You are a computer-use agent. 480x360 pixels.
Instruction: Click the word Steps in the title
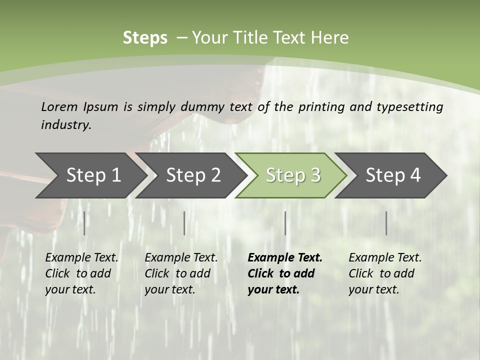click(x=145, y=38)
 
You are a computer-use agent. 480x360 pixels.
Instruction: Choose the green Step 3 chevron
click(x=293, y=175)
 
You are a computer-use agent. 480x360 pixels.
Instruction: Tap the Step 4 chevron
click(x=393, y=175)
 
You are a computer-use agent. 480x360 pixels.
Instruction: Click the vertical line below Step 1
click(x=84, y=223)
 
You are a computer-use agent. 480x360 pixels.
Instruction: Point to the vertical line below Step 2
click(x=184, y=223)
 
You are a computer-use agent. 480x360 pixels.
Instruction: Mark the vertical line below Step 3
click(x=285, y=223)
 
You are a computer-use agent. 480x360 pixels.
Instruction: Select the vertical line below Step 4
click(x=386, y=223)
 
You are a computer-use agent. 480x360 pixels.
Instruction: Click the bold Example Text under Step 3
click(x=285, y=257)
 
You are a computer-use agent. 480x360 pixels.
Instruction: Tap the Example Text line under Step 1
click(x=81, y=257)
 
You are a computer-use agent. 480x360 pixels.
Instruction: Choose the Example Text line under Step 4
click(x=385, y=257)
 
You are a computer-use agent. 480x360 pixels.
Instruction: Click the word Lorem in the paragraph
click(x=59, y=106)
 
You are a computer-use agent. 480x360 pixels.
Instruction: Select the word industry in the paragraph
click(x=65, y=124)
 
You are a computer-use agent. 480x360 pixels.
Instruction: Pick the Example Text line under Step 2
click(x=181, y=257)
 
